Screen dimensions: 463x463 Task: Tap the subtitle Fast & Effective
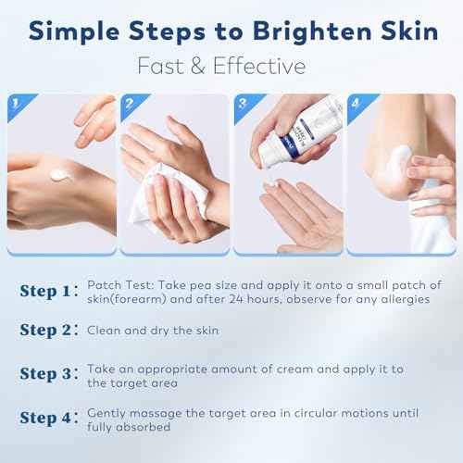tap(231, 67)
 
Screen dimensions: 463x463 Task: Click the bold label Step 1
tap(52, 292)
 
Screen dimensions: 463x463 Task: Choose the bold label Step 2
tap(52, 331)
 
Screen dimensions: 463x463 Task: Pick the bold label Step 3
tap(52, 375)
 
